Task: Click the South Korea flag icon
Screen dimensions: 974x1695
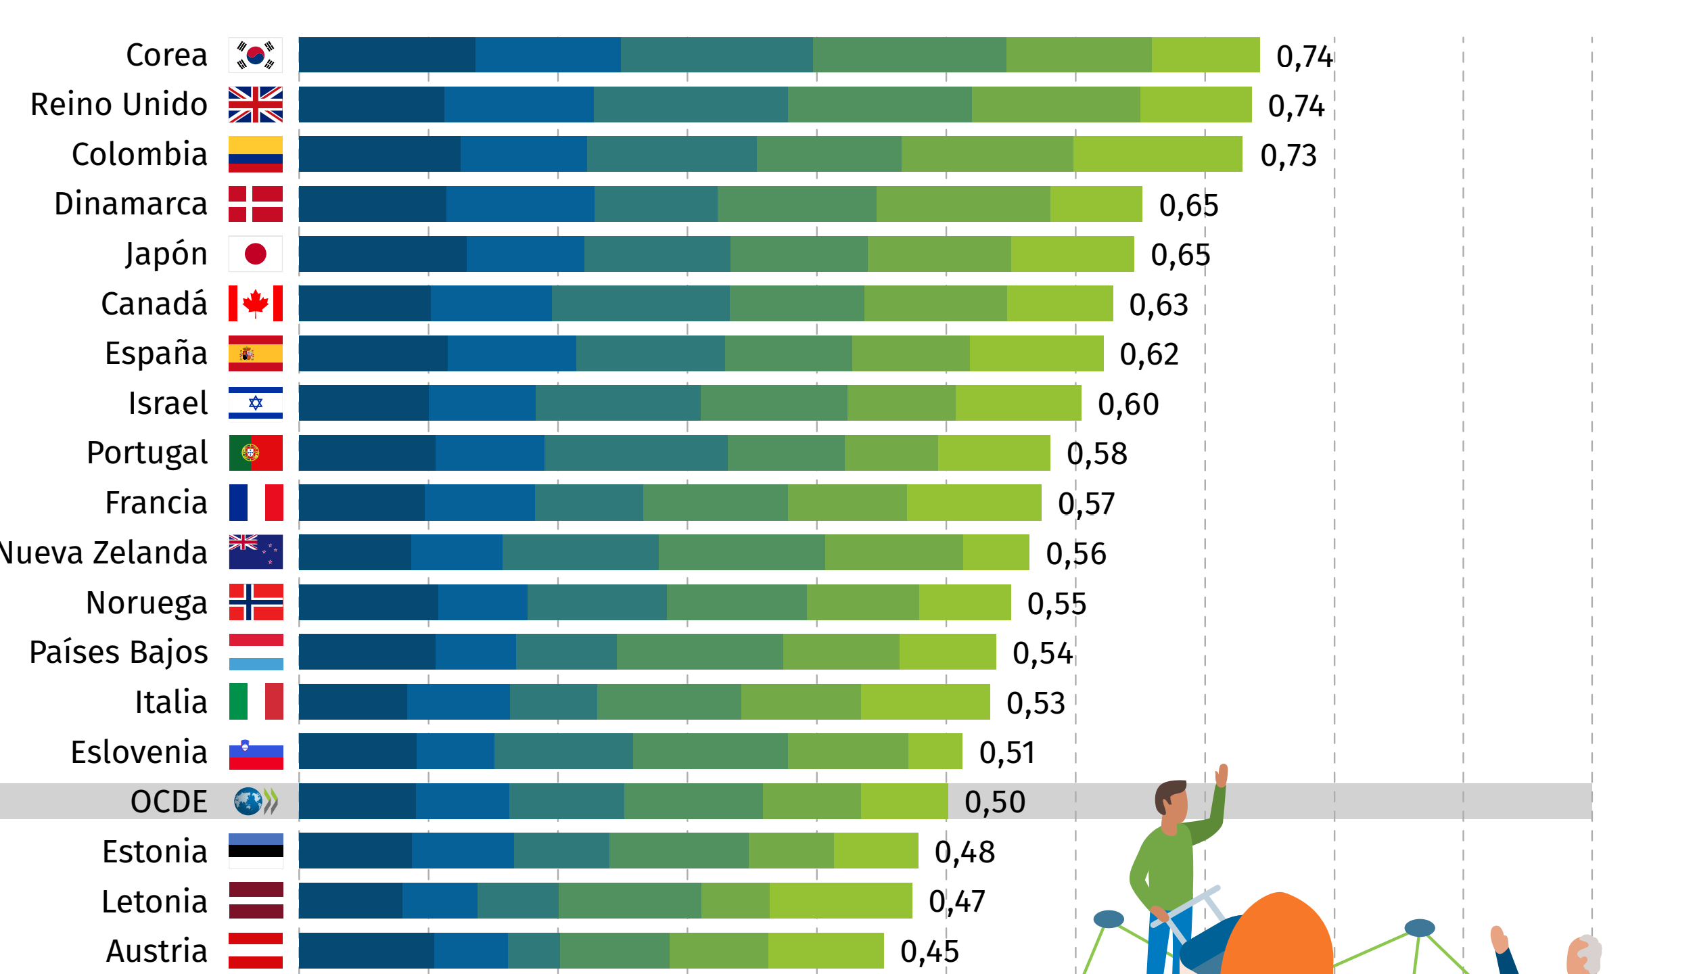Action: pos(255,55)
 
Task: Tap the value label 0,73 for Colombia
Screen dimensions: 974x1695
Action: pos(1288,156)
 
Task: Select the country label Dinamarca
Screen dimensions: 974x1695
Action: pos(131,204)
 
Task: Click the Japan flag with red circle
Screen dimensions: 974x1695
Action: pos(255,254)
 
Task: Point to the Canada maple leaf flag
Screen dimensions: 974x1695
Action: pos(255,304)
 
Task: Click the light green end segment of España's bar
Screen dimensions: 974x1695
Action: pos(1036,353)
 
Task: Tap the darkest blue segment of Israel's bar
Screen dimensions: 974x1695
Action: pos(363,403)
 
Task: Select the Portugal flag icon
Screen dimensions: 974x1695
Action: pos(255,453)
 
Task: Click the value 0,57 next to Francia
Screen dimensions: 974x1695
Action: pos(1086,504)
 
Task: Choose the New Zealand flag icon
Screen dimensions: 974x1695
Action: pos(255,552)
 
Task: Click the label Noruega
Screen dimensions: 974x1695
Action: pos(146,603)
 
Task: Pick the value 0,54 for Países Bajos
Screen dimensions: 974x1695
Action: pos(1042,653)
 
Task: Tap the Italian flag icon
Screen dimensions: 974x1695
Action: pos(255,701)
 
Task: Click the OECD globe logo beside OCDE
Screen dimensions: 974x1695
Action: pos(248,802)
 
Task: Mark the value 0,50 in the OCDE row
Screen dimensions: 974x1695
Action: pos(994,802)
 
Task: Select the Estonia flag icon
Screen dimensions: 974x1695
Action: pos(255,851)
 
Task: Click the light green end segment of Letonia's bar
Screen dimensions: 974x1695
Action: pos(840,901)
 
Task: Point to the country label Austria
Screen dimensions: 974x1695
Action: pos(156,951)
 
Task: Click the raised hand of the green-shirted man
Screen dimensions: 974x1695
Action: pos(1222,775)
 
